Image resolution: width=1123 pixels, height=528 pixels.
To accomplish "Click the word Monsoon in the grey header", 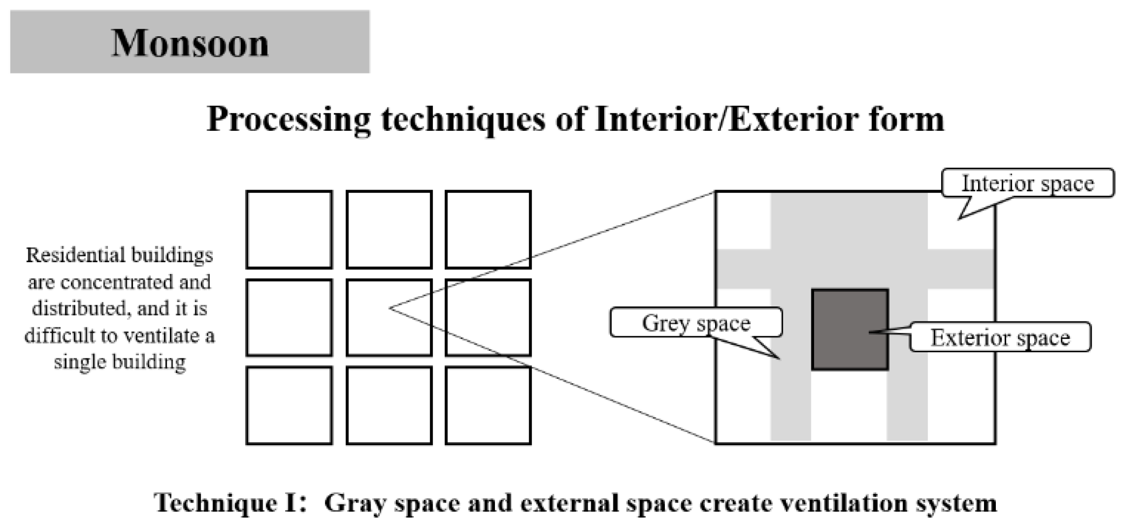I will coord(190,43).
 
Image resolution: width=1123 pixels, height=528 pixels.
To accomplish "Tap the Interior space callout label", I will coord(1027,184).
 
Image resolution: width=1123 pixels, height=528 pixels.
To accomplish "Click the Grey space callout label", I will coord(696,323).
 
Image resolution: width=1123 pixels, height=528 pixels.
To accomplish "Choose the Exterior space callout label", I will coord(1000,338).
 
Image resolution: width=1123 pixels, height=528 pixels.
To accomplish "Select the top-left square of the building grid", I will coord(289,230).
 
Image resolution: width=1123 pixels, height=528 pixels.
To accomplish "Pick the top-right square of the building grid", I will coord(488,230).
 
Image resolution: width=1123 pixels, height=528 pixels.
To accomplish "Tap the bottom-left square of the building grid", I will coord(289,405).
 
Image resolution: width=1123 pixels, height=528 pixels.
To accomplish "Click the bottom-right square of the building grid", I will coord(488,405).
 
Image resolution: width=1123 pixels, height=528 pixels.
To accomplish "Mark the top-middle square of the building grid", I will coord(389,230).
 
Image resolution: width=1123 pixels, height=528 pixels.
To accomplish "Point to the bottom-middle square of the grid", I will coord(389,405).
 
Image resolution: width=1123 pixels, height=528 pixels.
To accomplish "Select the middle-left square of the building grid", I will coord(289,318).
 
